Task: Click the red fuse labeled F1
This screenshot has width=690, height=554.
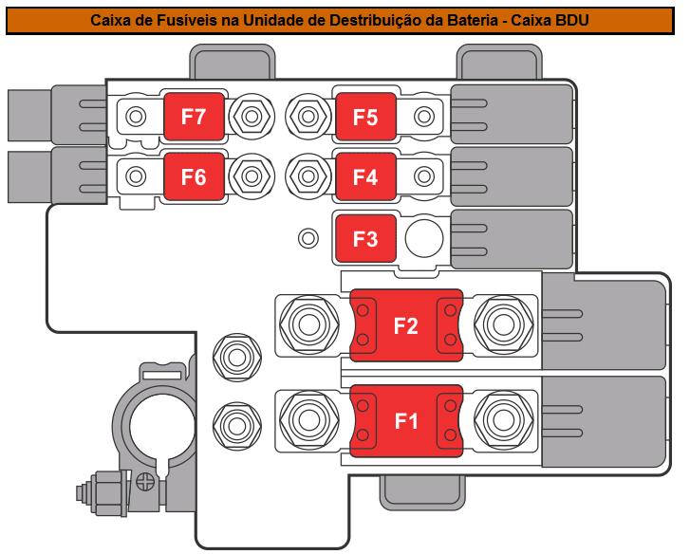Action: click(x=406, y=421)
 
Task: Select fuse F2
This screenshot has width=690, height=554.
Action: click(x=406, y=325)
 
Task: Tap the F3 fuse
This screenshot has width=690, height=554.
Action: click(x=365, y=239)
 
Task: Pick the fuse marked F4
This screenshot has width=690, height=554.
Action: click(x=365, y=176)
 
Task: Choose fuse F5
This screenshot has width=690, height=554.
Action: click(x=365, y=117)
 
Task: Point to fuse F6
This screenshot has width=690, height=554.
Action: click(x=194, y=176)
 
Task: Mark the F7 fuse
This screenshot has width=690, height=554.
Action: click(x=194, y=117)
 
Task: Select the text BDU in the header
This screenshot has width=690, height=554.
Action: click(x=571, y=20)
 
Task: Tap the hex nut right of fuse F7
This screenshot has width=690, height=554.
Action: click(x=252, y=117)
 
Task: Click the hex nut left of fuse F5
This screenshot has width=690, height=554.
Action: click(x=308, y=117)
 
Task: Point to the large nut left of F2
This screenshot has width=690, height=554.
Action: click(x=309, y=324)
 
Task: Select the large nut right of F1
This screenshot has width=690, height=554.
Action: click(x=504, y=420)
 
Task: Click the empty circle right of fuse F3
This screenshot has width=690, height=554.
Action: click(x=424, y=238)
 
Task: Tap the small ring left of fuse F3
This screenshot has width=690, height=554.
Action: click(x=308, y=238)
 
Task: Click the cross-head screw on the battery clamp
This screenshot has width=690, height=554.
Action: click(x=145, y=482)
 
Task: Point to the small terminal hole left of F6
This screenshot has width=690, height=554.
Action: click(x=136, y=176)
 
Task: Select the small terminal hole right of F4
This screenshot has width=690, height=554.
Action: click(x=424, y=176)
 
